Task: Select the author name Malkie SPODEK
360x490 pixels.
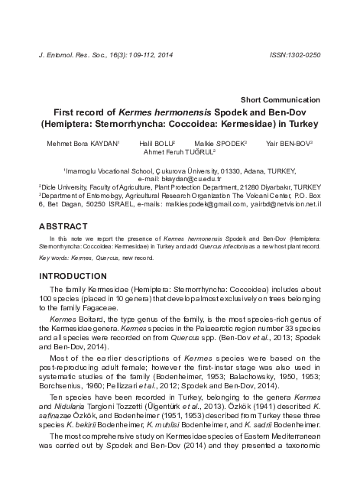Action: (215, 142)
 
